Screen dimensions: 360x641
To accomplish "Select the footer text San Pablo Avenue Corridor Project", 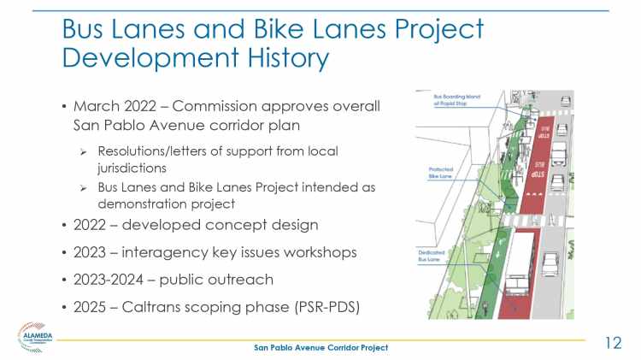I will pos(320,347).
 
